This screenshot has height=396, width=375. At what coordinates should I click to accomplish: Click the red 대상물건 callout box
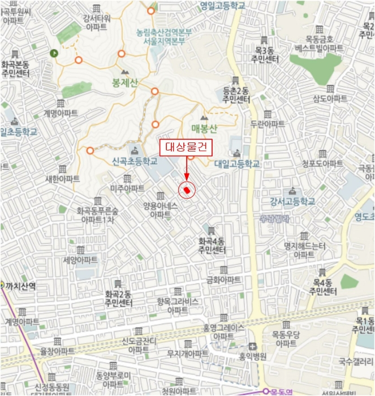click(187, 148)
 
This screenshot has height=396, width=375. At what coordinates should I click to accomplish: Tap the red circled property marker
click(187, 191)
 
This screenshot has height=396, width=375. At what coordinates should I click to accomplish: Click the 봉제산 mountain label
click(125, 83)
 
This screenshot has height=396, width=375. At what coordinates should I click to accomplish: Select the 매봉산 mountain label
click(204, 128)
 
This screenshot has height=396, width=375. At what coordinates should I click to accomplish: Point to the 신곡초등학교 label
click(135, 161)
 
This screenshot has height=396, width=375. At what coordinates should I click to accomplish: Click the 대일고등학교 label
click(237, 163)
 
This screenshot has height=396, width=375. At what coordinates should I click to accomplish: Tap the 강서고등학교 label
click(292, 201)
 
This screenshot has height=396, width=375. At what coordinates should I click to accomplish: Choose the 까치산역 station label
click(20, 286)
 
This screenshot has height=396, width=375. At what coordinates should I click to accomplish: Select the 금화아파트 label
click(223, 279)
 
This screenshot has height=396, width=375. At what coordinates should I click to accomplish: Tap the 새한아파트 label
click(62, 178)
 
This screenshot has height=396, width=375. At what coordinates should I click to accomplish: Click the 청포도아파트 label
click(322, 163)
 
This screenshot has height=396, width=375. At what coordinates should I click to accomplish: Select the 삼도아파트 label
click(330, 98)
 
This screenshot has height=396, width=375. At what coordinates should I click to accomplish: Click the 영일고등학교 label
click(222, 5)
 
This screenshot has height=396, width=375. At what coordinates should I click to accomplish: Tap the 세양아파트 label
click(80, 260)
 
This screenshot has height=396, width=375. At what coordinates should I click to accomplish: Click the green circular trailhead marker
click(54, 53)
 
